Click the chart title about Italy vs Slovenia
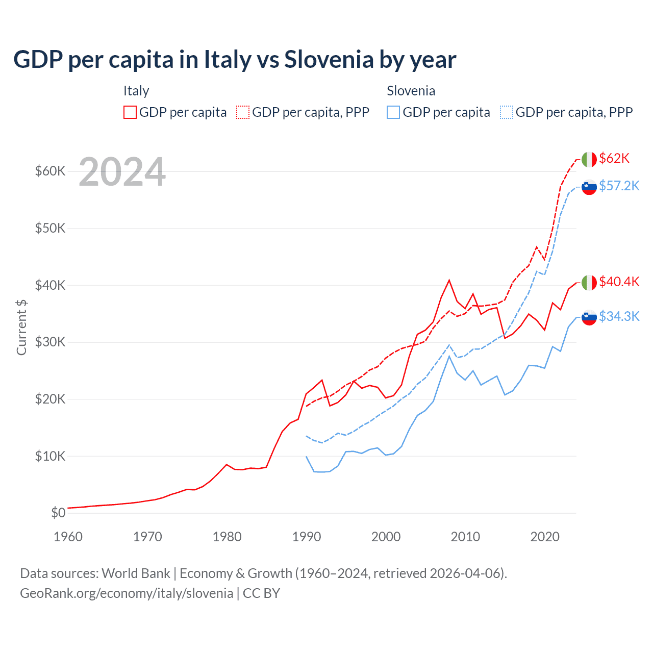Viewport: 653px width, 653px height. point(235,60)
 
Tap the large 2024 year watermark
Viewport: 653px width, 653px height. point(122,172)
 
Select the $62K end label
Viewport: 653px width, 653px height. point(614,158)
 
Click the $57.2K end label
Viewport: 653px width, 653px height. point(619,186)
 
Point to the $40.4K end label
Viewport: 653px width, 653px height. point(619,282)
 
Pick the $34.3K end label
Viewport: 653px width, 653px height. point(619,316)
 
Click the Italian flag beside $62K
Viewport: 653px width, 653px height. point(589,159)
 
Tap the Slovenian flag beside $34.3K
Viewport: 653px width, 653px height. point(589,317)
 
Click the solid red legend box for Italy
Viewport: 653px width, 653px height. point(130,112)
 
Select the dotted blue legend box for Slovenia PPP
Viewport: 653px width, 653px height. point(507,112)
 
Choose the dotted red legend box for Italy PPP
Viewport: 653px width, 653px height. point(243,112)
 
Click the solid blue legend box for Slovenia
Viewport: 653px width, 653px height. point(393,112)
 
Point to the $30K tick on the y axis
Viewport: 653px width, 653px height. point(50,342)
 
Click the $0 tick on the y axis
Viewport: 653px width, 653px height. point(58,513)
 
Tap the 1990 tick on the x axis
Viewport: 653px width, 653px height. point(307,537)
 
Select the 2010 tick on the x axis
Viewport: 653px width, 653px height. point(465,537)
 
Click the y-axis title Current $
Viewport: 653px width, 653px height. point(21,327)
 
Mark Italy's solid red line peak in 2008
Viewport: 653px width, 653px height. point(449,280)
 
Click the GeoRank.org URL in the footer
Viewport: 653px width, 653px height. point(127,593)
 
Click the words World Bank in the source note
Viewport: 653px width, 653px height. point(136,573)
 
